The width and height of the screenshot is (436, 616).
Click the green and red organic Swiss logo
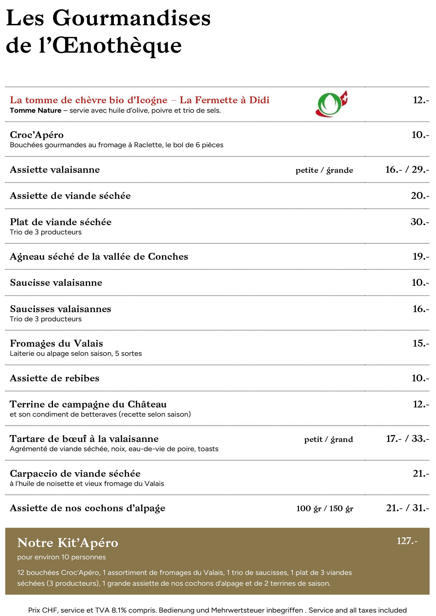(331, 104)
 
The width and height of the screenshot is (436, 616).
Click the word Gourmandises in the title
(131, 18)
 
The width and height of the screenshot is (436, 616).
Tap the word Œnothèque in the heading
(117, 46)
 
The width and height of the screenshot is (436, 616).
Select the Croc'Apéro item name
(37, 135)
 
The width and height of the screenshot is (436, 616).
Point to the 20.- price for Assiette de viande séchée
(420, 196)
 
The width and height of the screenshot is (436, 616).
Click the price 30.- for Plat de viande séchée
(420, 222)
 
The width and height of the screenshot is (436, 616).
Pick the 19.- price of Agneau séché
(421, 257)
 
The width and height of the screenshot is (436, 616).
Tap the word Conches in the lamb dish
(168, 257)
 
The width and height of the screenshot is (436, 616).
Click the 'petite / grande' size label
(324, 170)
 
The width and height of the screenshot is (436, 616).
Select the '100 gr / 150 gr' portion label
(324, 508)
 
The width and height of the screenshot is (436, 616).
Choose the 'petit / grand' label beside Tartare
(328, 440)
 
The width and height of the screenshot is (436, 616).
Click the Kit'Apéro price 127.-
(407, 541)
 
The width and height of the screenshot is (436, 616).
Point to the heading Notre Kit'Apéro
(68, 543)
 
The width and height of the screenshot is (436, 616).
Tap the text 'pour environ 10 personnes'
(61, 557)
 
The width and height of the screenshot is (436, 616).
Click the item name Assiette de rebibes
(55, 378)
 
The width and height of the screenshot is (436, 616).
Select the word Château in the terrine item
(147, 404)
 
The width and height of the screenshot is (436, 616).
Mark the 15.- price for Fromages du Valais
(421, 343)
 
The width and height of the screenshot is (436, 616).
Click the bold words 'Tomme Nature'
(36, 111)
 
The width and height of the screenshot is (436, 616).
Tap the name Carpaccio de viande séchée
(75, 474)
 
